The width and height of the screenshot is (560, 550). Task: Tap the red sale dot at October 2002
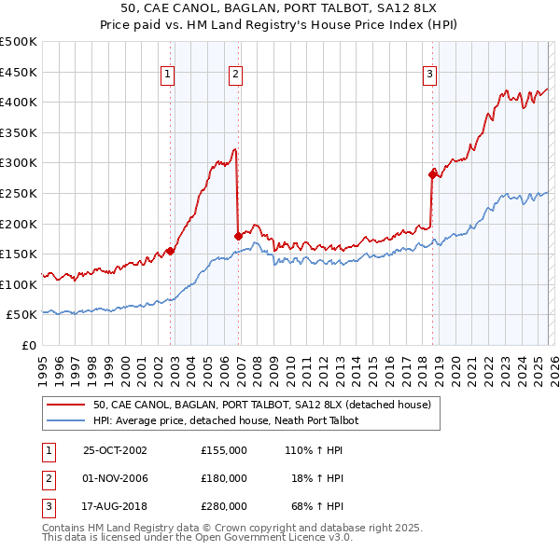[171, 251]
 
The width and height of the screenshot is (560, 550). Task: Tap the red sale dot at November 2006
[238, 235]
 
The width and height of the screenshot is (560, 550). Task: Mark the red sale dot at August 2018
[432, 173]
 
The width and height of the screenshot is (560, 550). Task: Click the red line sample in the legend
[64, 406]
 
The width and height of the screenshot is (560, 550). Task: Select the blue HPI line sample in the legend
[64, 421]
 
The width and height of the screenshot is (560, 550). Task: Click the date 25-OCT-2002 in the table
[115, 450]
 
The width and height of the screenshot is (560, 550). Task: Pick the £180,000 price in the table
[224, 478]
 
